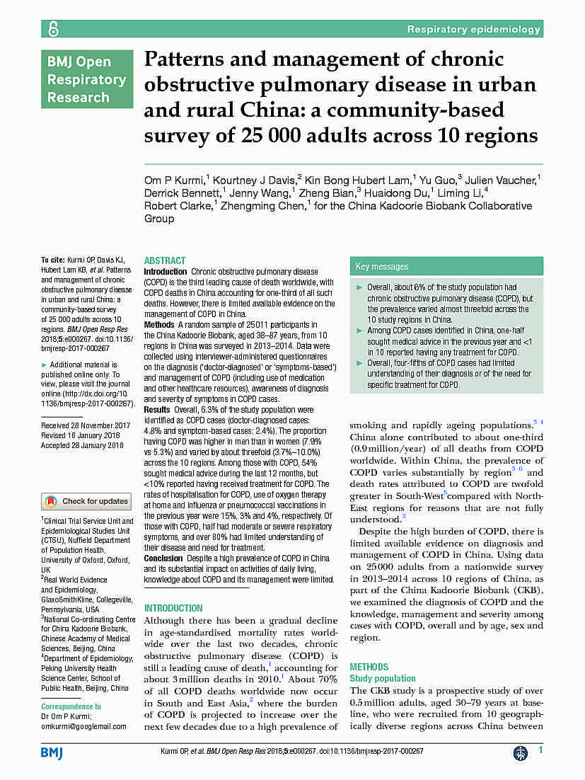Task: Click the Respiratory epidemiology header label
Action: click(x=473, y=29)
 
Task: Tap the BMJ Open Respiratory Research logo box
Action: click(x=86, y=79)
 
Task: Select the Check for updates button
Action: click(x=86, y=501)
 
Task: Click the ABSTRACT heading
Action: click(x=165, y=260)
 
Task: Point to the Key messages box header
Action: click(x=382, y=267)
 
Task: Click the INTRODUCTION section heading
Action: click(x=173, y=608)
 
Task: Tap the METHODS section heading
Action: click(x=369, y=667)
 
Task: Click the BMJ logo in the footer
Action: click(x=52, y=752)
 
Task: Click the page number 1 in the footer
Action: click(x=541, y=750)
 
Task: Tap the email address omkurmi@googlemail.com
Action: click(x=83, y=726)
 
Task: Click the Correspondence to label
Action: click(x=71, y=706)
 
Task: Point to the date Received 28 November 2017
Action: click(x=86, y=425)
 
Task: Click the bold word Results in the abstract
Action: click(x=157, y=410)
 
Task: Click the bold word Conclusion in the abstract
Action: click(x=163, y=558)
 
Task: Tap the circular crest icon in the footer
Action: click(x=521, y=753)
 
